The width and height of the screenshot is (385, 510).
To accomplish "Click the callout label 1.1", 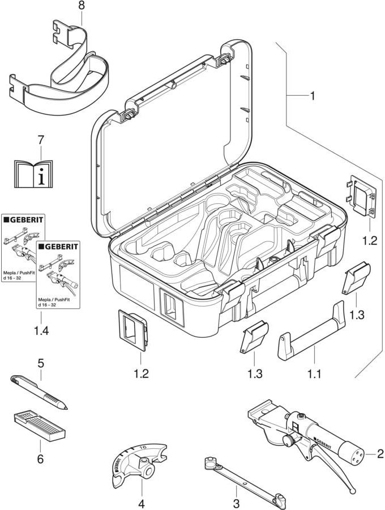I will (314, 374).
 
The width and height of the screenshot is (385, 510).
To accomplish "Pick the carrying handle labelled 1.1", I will (311, 335).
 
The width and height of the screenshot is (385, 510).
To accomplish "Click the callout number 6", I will (40, 458).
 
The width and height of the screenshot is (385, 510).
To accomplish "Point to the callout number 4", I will (141, 503).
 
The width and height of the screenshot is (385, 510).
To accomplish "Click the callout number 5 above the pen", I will (41, 361).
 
